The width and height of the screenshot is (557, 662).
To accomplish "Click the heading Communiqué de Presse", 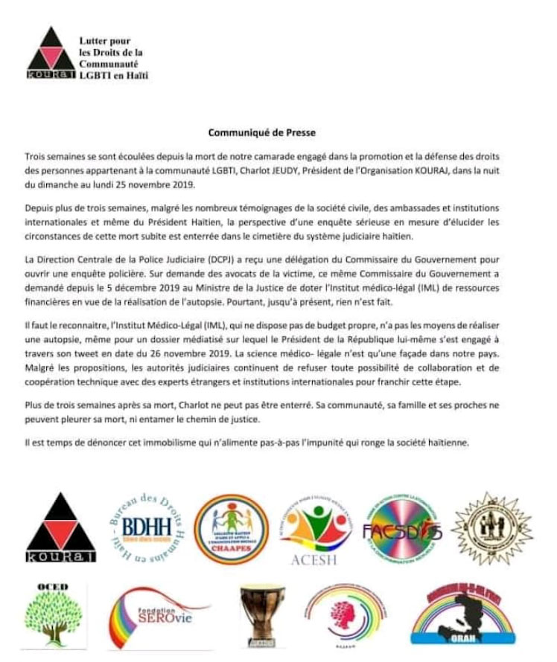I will click(x=272, y=133).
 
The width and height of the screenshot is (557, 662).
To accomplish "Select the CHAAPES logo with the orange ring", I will click(x=228, y=526).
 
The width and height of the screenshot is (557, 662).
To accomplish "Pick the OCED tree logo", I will click(x=54, y=614).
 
